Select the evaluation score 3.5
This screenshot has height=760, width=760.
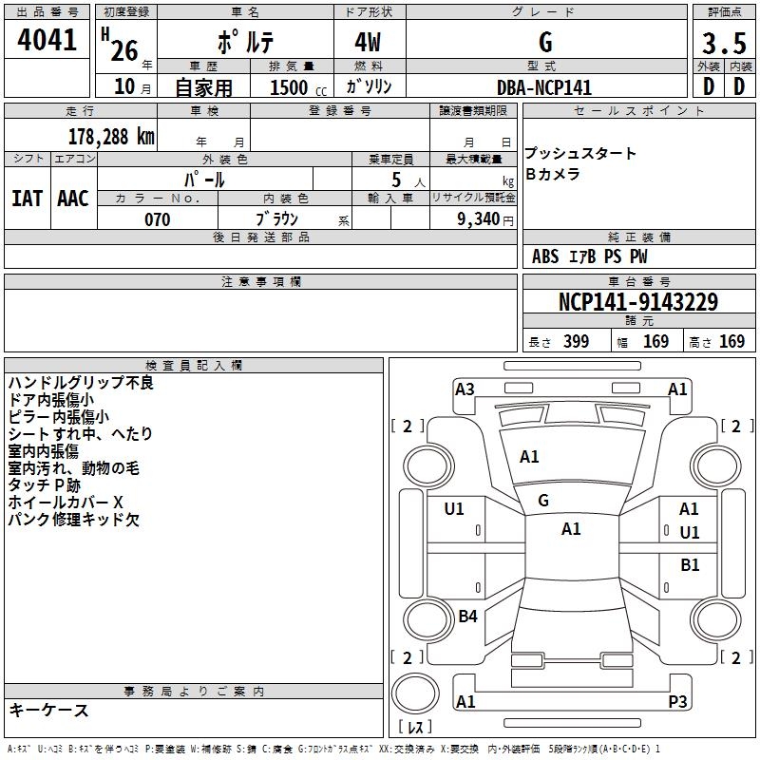click(x=723, y=44)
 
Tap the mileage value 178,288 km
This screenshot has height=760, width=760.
click(x=111, y=137)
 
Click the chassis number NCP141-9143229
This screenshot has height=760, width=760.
click(x=637, y=302)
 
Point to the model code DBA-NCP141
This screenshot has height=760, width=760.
click(x=544, y=87)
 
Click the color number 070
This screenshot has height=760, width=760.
click(x=157, y=219)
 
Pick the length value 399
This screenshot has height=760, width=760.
click(x=574, y=342)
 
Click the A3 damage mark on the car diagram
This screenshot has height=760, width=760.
click(x=465, y=389)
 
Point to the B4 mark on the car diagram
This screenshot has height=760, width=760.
click(x=467, y=617)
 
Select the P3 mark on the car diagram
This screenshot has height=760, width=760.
click(x=677, y=702)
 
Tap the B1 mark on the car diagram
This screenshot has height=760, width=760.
click(x=690, y=565)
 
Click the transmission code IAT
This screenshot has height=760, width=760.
click(x=27, y=199)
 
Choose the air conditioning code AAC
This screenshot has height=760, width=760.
click(x=73, y=199)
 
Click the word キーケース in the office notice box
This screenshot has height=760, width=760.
click(x=48, y=710)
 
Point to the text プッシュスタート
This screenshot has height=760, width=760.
click(x=580, y=154)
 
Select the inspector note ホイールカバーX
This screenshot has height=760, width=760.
click(x=66, y=502)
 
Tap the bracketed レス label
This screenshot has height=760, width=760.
click(x=415, y=729)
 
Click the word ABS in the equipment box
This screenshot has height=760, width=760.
click(x=545, y=256)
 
